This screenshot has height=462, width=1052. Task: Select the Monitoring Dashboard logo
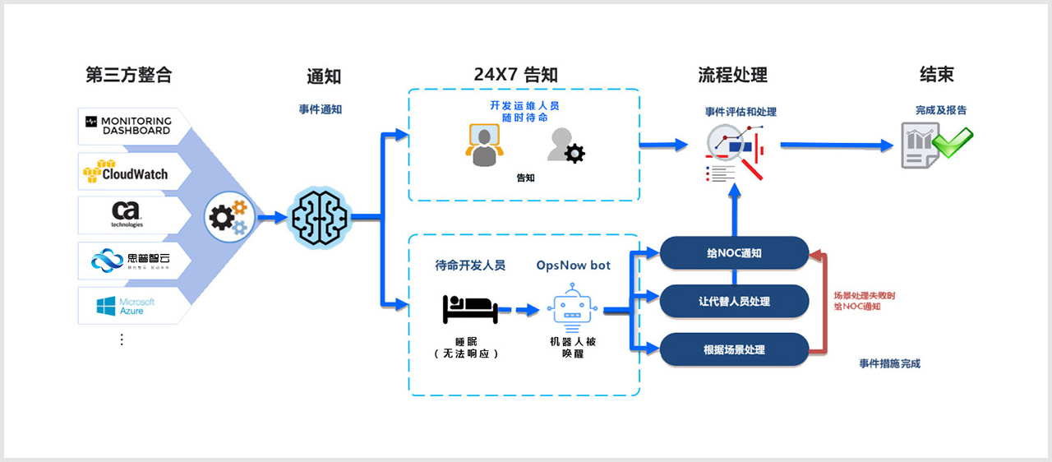pyautogui.click(x=127, y=125)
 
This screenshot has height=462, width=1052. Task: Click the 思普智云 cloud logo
pyautogui.click(x=127, y=261)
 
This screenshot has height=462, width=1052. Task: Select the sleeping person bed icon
pyautogui.click(x=470, y=309)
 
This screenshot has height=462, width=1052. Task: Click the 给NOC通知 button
pyautogui.click(x=734, y=253)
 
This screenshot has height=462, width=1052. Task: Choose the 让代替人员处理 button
pyautogui.click(x=734, y=301)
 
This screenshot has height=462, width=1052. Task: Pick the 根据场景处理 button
pyautogui.click(x=734, y=349)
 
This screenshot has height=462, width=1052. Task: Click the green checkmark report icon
pyautogui.click(x=936, y=146)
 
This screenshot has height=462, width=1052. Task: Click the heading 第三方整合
pyautogui.click(x=129, y=75)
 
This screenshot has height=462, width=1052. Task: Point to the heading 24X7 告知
pyautogui.click(x=515, y=75)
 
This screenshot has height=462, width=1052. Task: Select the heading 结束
pyautogui.click(x=936, y=75)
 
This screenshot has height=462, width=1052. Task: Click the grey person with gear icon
pyautogui.click(x=567, y=146)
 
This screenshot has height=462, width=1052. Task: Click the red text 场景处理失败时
pyautogui.click(x=864, y=295)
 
